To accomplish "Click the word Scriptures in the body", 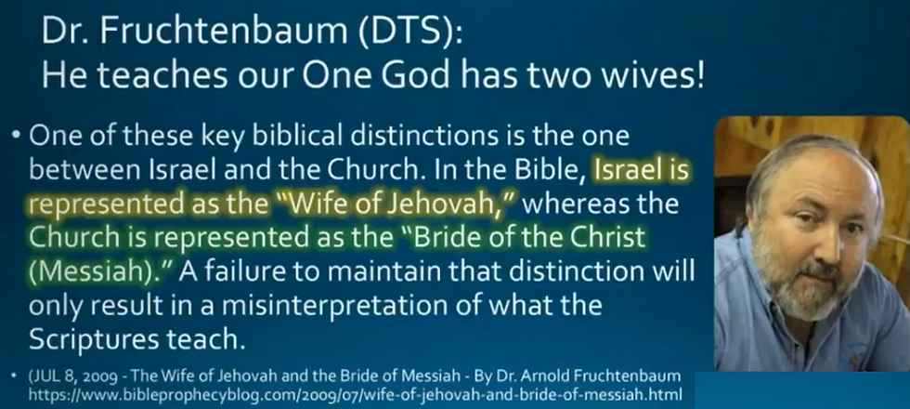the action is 93,340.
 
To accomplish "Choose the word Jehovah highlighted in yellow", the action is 454,204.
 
